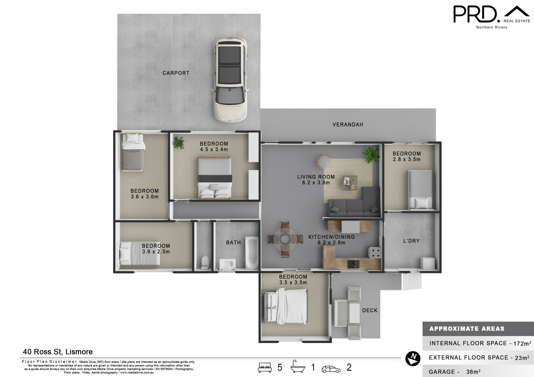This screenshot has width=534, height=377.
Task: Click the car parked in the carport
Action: coord(230,80)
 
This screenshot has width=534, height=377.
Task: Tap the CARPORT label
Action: coord(176,73)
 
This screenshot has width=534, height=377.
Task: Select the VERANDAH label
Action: coord(348,125)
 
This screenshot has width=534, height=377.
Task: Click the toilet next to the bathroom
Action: coord(205,263)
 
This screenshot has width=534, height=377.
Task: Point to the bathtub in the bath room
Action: coord(252,252)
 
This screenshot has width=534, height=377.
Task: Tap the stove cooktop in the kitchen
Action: coord(374,252)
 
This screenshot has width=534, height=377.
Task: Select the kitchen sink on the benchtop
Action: coord(353,264)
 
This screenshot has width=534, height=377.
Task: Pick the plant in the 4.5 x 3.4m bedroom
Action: coord(179,143)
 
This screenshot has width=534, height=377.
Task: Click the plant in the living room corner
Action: coord(371,154)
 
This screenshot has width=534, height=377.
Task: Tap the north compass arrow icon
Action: coord(413,358)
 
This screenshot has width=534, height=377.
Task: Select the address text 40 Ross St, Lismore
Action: coord(58,352)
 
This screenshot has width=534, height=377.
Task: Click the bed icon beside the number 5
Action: coord(265,367)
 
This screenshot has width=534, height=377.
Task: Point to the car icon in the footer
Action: coord(331,369)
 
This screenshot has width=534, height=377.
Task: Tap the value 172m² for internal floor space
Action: coord(522,343)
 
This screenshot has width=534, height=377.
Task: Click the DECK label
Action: coord(370,310)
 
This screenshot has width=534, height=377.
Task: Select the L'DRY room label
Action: coord(411,241)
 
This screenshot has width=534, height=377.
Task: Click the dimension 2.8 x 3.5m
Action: coord(406,159)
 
